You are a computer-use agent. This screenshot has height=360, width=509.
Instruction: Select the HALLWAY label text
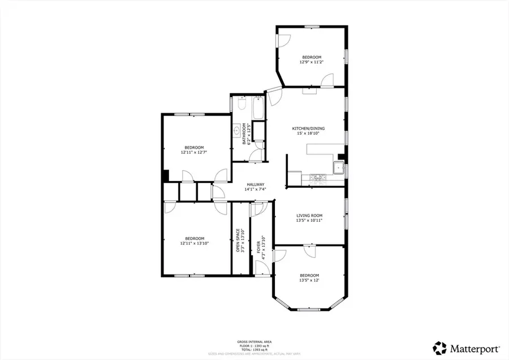pyautogui.click(x=256, y=185)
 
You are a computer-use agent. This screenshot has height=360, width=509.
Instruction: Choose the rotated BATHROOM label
pyautogui.click(x=245, y=134)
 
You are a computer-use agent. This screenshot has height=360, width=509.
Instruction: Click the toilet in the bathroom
pyautogui.click(x=240, y=105)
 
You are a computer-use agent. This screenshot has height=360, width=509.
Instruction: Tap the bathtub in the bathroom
pyautogui.click(x=258, y=107)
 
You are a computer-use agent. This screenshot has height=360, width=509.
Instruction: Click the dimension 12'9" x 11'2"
pyautogui.click(x=311, y=63)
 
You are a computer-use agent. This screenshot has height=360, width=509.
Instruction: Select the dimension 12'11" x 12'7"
pyautogui.click(x=193, y=152)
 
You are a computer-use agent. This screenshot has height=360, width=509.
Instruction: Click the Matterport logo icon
pyautogui.click(x=439, y=346)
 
